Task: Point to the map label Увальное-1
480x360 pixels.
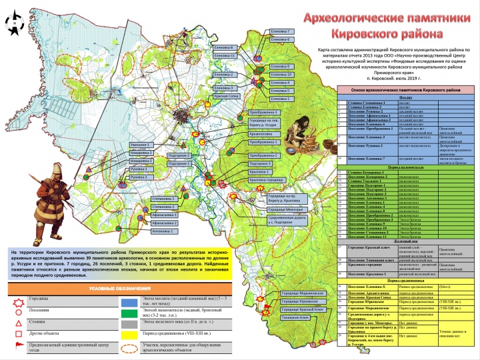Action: pyautogui.click(x=141, y=145)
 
